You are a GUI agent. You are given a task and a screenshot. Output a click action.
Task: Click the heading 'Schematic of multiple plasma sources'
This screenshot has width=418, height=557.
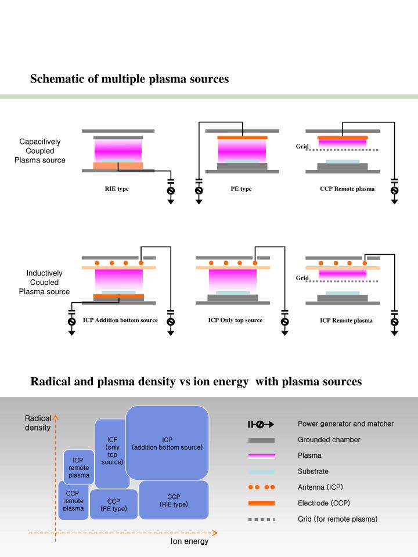pos(129,79)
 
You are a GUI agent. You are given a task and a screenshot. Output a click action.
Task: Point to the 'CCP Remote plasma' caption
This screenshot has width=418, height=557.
pos(347,189)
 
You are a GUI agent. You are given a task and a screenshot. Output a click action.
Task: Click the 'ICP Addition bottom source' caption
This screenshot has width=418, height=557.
pos(120,320)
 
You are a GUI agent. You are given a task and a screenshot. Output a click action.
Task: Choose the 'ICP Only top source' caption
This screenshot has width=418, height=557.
pos(235,320)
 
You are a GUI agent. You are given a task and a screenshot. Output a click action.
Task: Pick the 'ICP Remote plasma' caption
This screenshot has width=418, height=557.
pos(346,320)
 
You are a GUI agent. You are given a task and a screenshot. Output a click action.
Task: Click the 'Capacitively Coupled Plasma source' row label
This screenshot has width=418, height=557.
pos(40,151)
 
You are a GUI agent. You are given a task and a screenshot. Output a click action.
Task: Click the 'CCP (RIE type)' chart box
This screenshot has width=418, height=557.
pos(174,500)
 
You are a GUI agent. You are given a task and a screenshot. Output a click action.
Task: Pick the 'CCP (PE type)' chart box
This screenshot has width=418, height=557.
pos(114,504)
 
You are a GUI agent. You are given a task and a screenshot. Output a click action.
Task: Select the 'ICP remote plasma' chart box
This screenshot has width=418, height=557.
pos(78,467)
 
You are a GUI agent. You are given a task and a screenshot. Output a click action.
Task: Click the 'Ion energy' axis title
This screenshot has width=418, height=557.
pos(189,542)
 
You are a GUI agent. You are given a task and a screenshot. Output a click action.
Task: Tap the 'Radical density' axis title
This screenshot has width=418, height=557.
pos(38,422)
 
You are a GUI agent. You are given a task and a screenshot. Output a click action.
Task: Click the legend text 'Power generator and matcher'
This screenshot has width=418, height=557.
pos(345,424)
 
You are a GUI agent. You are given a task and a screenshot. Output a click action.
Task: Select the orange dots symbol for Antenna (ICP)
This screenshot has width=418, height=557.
pos(261,487)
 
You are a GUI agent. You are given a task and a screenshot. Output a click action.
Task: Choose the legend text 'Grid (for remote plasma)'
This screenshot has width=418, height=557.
pos(337,518)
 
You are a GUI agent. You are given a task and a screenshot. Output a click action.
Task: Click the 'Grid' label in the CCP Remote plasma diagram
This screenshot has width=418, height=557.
pos(302,146)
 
